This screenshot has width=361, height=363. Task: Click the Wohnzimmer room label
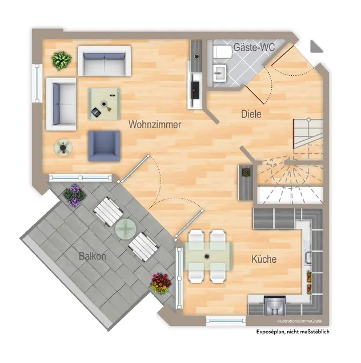[155, 124]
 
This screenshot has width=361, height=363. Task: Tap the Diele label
[251, 114]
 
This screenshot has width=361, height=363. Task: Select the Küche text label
[263, 259]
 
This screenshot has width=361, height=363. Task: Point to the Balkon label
[93, 256]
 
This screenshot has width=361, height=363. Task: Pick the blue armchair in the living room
[104, 146]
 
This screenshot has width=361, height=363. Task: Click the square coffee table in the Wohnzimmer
[105, 104]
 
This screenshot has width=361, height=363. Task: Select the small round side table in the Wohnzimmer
[63, 148]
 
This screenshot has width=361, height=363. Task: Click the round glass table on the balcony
[125, 229]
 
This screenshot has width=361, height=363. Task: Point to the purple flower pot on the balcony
[74, 195]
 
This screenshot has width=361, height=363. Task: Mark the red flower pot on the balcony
[161, 283]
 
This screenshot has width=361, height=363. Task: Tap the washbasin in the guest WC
[219, 72]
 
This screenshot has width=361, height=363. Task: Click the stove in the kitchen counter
[275, 304]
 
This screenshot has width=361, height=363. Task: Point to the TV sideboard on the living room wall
[196, 74]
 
